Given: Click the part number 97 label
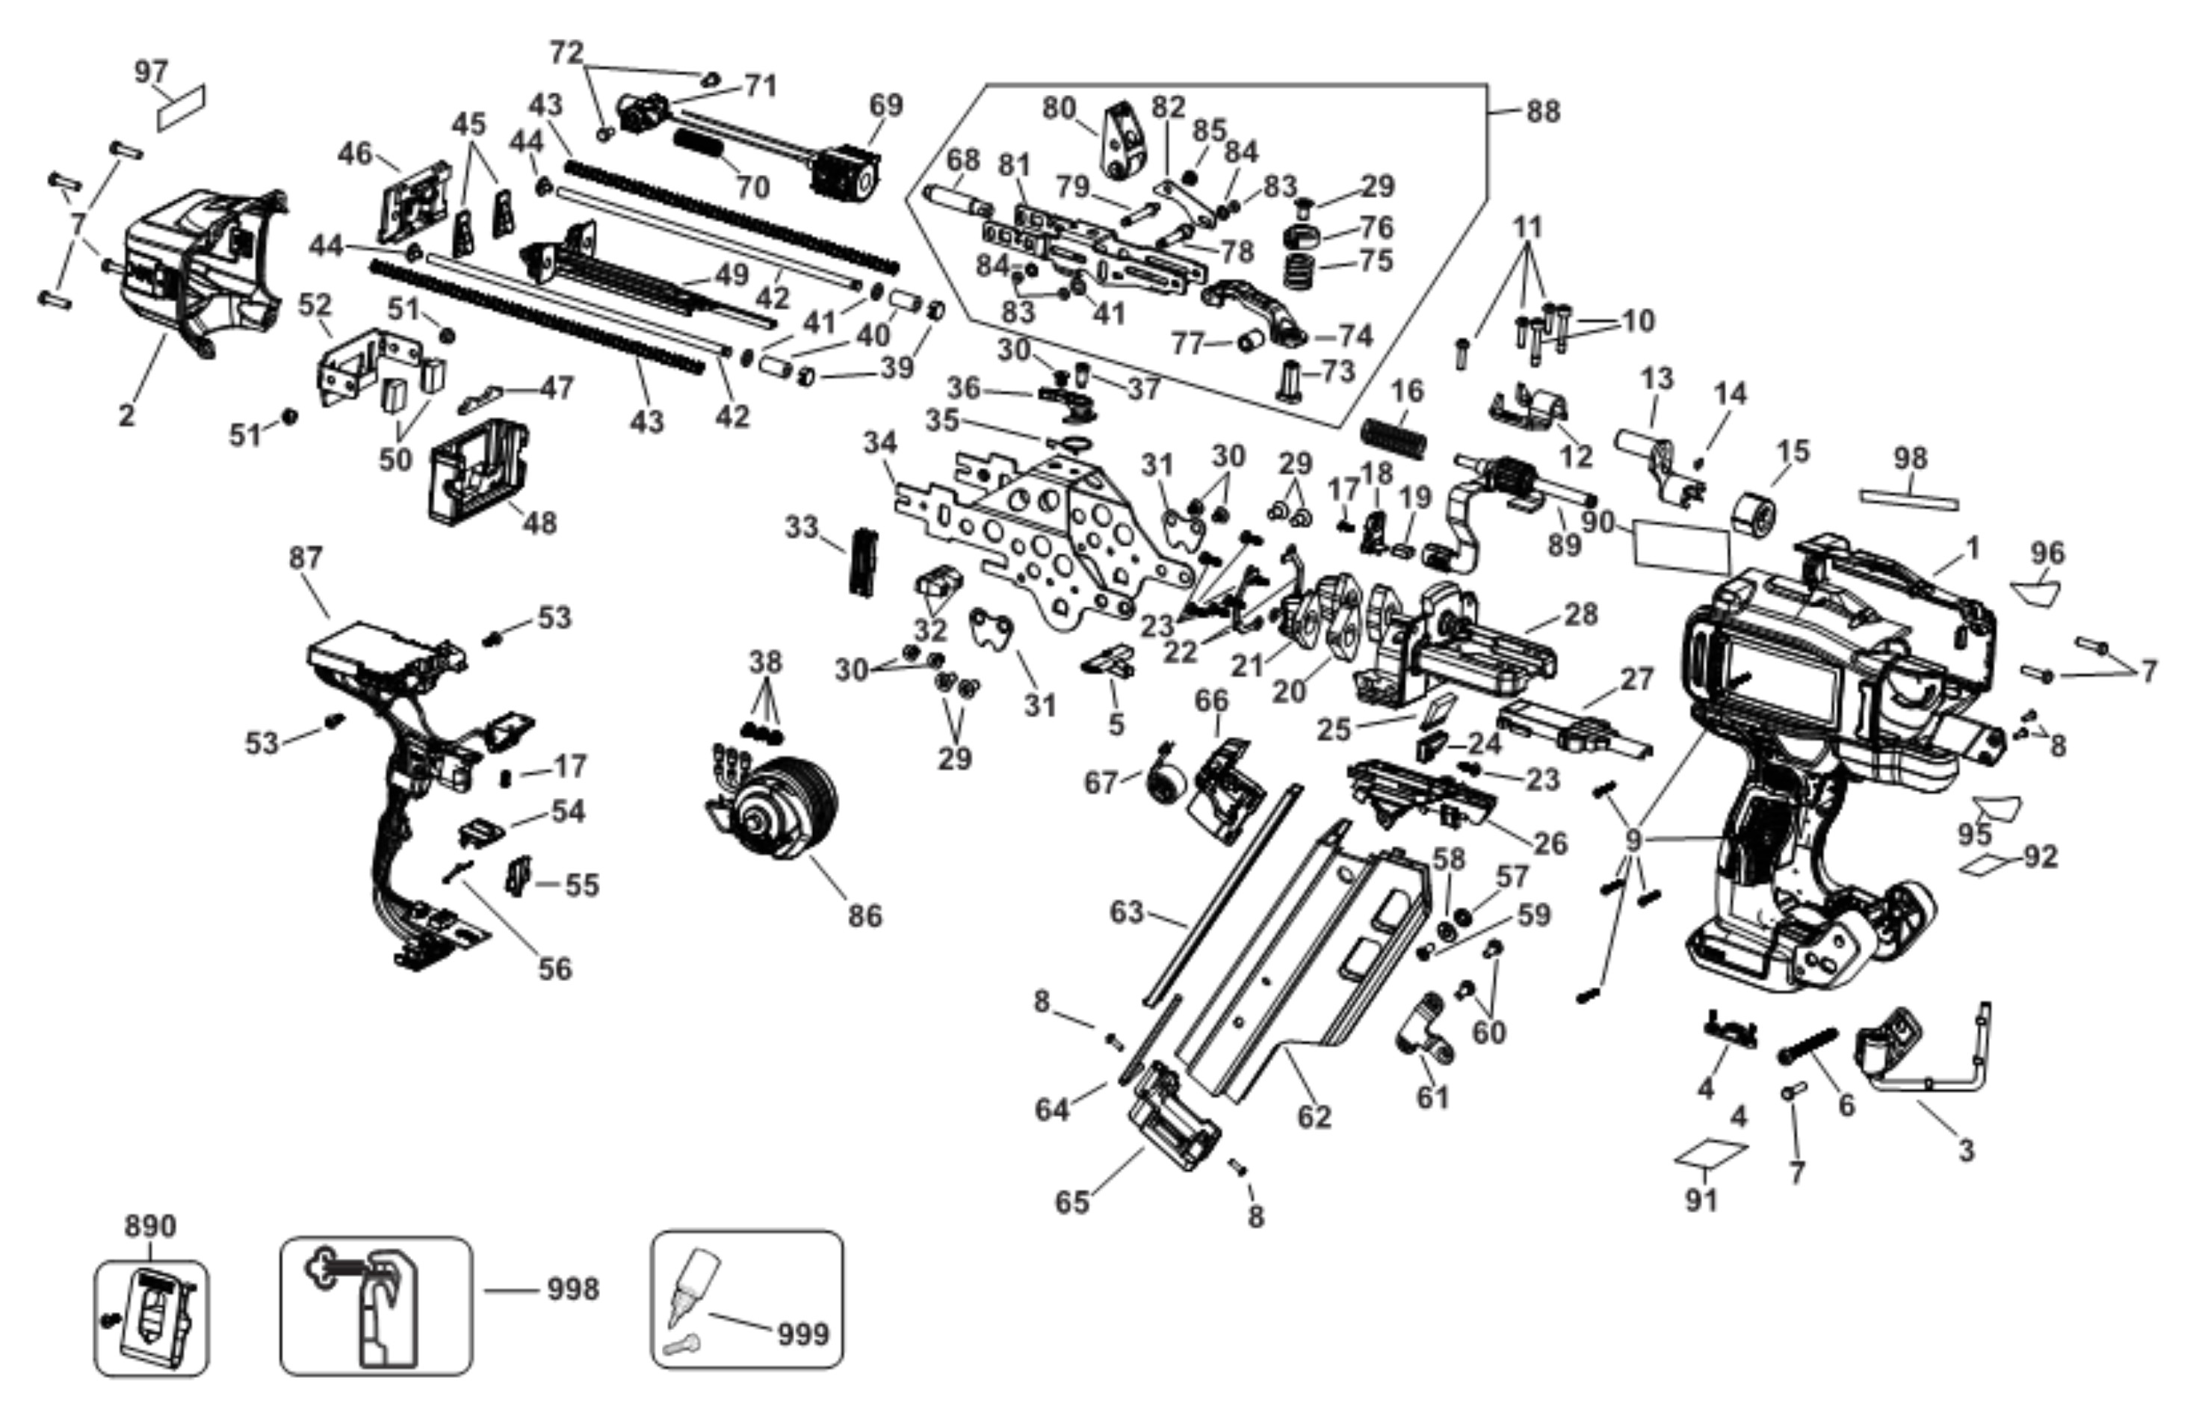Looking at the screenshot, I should (x=152, y=72).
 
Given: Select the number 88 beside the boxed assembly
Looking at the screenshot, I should (x=1544, y=111).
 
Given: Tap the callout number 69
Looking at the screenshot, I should (x=885, y=105).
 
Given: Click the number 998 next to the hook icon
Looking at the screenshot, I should (x=573, y=1289).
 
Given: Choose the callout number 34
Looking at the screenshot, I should (x=881, y=443).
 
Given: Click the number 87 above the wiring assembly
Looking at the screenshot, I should (x=306, y=557).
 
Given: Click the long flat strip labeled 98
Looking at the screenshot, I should (x=1910, y=500).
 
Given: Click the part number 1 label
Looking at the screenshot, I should (x=1972, y=548).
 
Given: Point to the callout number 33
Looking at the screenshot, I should (x=802, y=528).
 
